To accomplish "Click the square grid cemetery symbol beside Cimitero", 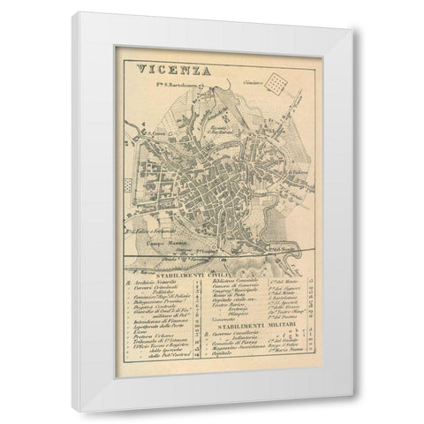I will click(x=280, y=84).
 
